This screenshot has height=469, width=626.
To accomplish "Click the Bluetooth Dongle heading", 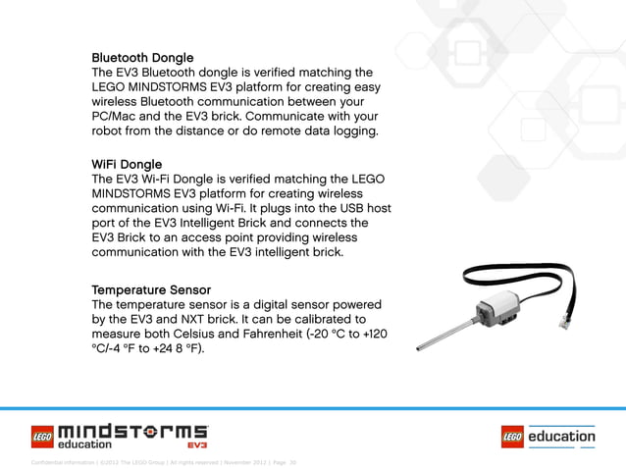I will click(142, 58).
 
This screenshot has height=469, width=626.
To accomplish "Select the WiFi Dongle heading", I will click(127, 164).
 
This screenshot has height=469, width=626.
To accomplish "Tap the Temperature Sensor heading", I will click(151, 290).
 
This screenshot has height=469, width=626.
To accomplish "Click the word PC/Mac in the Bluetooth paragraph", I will click(117, 116).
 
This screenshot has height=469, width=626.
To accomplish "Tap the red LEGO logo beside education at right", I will click(512, 436).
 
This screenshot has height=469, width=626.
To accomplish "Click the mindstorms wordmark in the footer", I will click(133, 431).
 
